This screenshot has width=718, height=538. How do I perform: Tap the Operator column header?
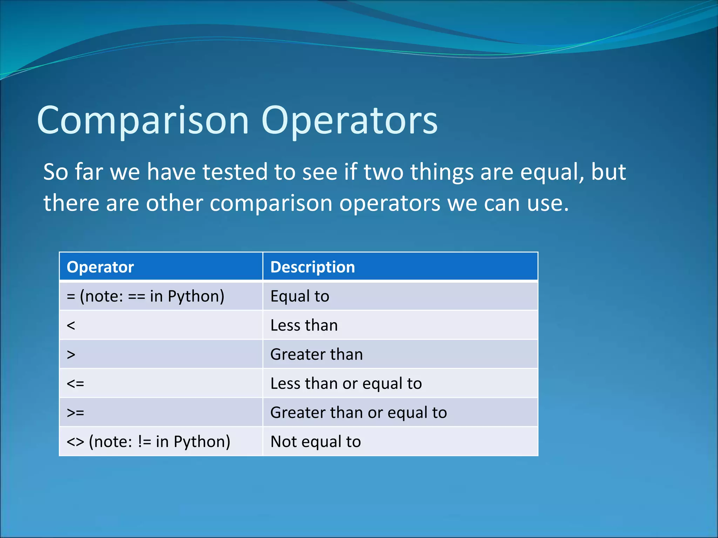tap(100, 267)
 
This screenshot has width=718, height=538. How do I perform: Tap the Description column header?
tap(312, 267)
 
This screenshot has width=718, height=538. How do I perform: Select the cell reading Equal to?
tap(300, 296)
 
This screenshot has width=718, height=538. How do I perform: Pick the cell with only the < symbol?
tap(71, 325)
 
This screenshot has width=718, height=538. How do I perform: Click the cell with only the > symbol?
tap(71, 354)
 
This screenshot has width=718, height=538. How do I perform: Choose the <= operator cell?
tap(75, 384)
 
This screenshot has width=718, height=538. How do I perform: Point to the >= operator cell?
tap(75, 413)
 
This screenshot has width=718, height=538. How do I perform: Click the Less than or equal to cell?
tap(346, 384)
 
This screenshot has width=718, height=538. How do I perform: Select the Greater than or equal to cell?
tap(358, 413)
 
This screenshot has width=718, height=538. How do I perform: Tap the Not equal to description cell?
tap(316, 442)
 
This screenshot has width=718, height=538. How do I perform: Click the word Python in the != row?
tap(202, 442)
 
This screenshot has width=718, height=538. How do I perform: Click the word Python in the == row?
tap(196, 296)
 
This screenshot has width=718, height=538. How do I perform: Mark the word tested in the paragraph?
tap(235, 172)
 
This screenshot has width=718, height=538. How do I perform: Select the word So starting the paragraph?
tap(55, 172)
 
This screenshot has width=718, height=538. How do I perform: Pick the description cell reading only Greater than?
tap(316, 354)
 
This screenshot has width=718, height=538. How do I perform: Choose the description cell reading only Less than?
tap(304, 325)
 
